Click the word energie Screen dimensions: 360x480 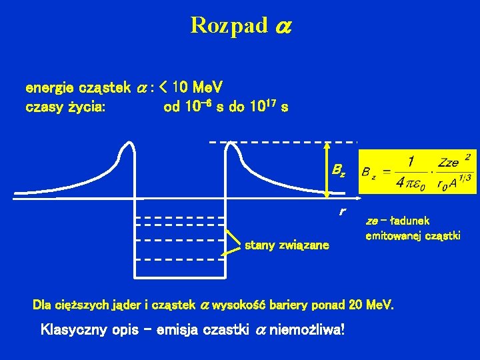pos(51,87)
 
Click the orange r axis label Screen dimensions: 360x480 pos(341,212)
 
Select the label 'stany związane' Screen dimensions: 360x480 pos(287,245)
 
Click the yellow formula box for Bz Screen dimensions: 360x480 pos(418,172)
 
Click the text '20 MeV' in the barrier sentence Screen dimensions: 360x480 pos(370,305)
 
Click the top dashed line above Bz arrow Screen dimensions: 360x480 pos(283,142)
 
